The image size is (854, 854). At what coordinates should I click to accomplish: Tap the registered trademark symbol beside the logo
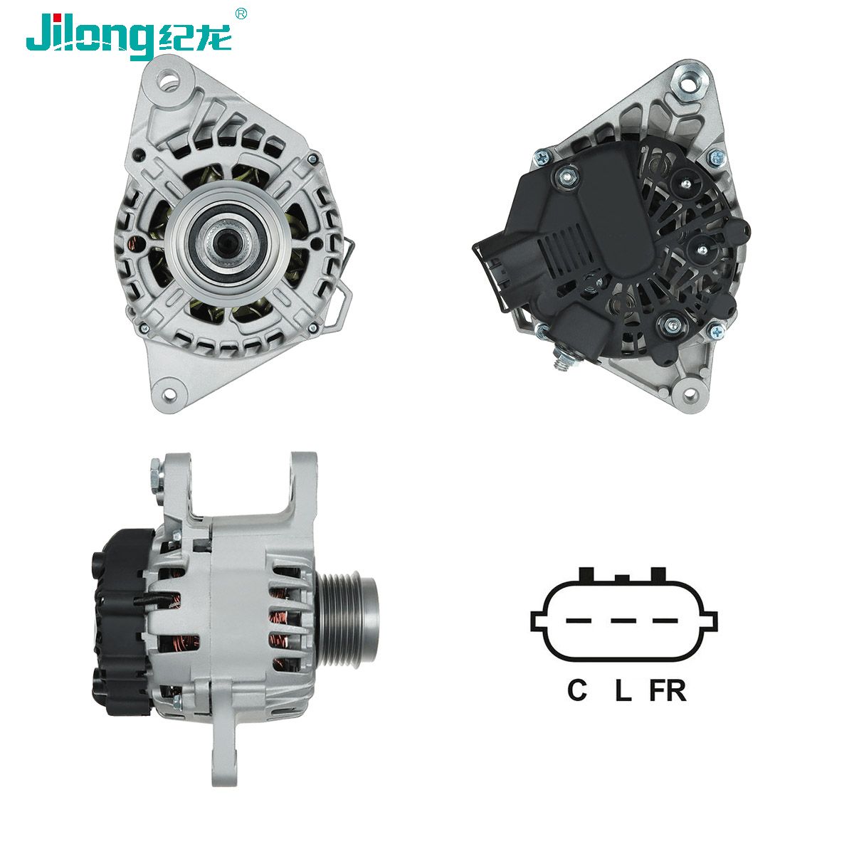click(241, 13)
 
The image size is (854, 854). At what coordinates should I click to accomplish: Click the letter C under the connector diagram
click(577, 690)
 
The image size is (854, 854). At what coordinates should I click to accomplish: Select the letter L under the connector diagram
click(623, 690)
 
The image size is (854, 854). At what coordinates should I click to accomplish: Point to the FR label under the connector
click(668, 690)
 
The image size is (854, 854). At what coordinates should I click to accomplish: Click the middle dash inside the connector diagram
click(623, 621)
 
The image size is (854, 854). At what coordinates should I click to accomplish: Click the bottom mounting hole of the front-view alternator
click(172, 392)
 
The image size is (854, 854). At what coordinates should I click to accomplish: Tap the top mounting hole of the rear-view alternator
click(689, 80)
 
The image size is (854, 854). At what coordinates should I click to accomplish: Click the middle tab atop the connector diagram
click(623, 579)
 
